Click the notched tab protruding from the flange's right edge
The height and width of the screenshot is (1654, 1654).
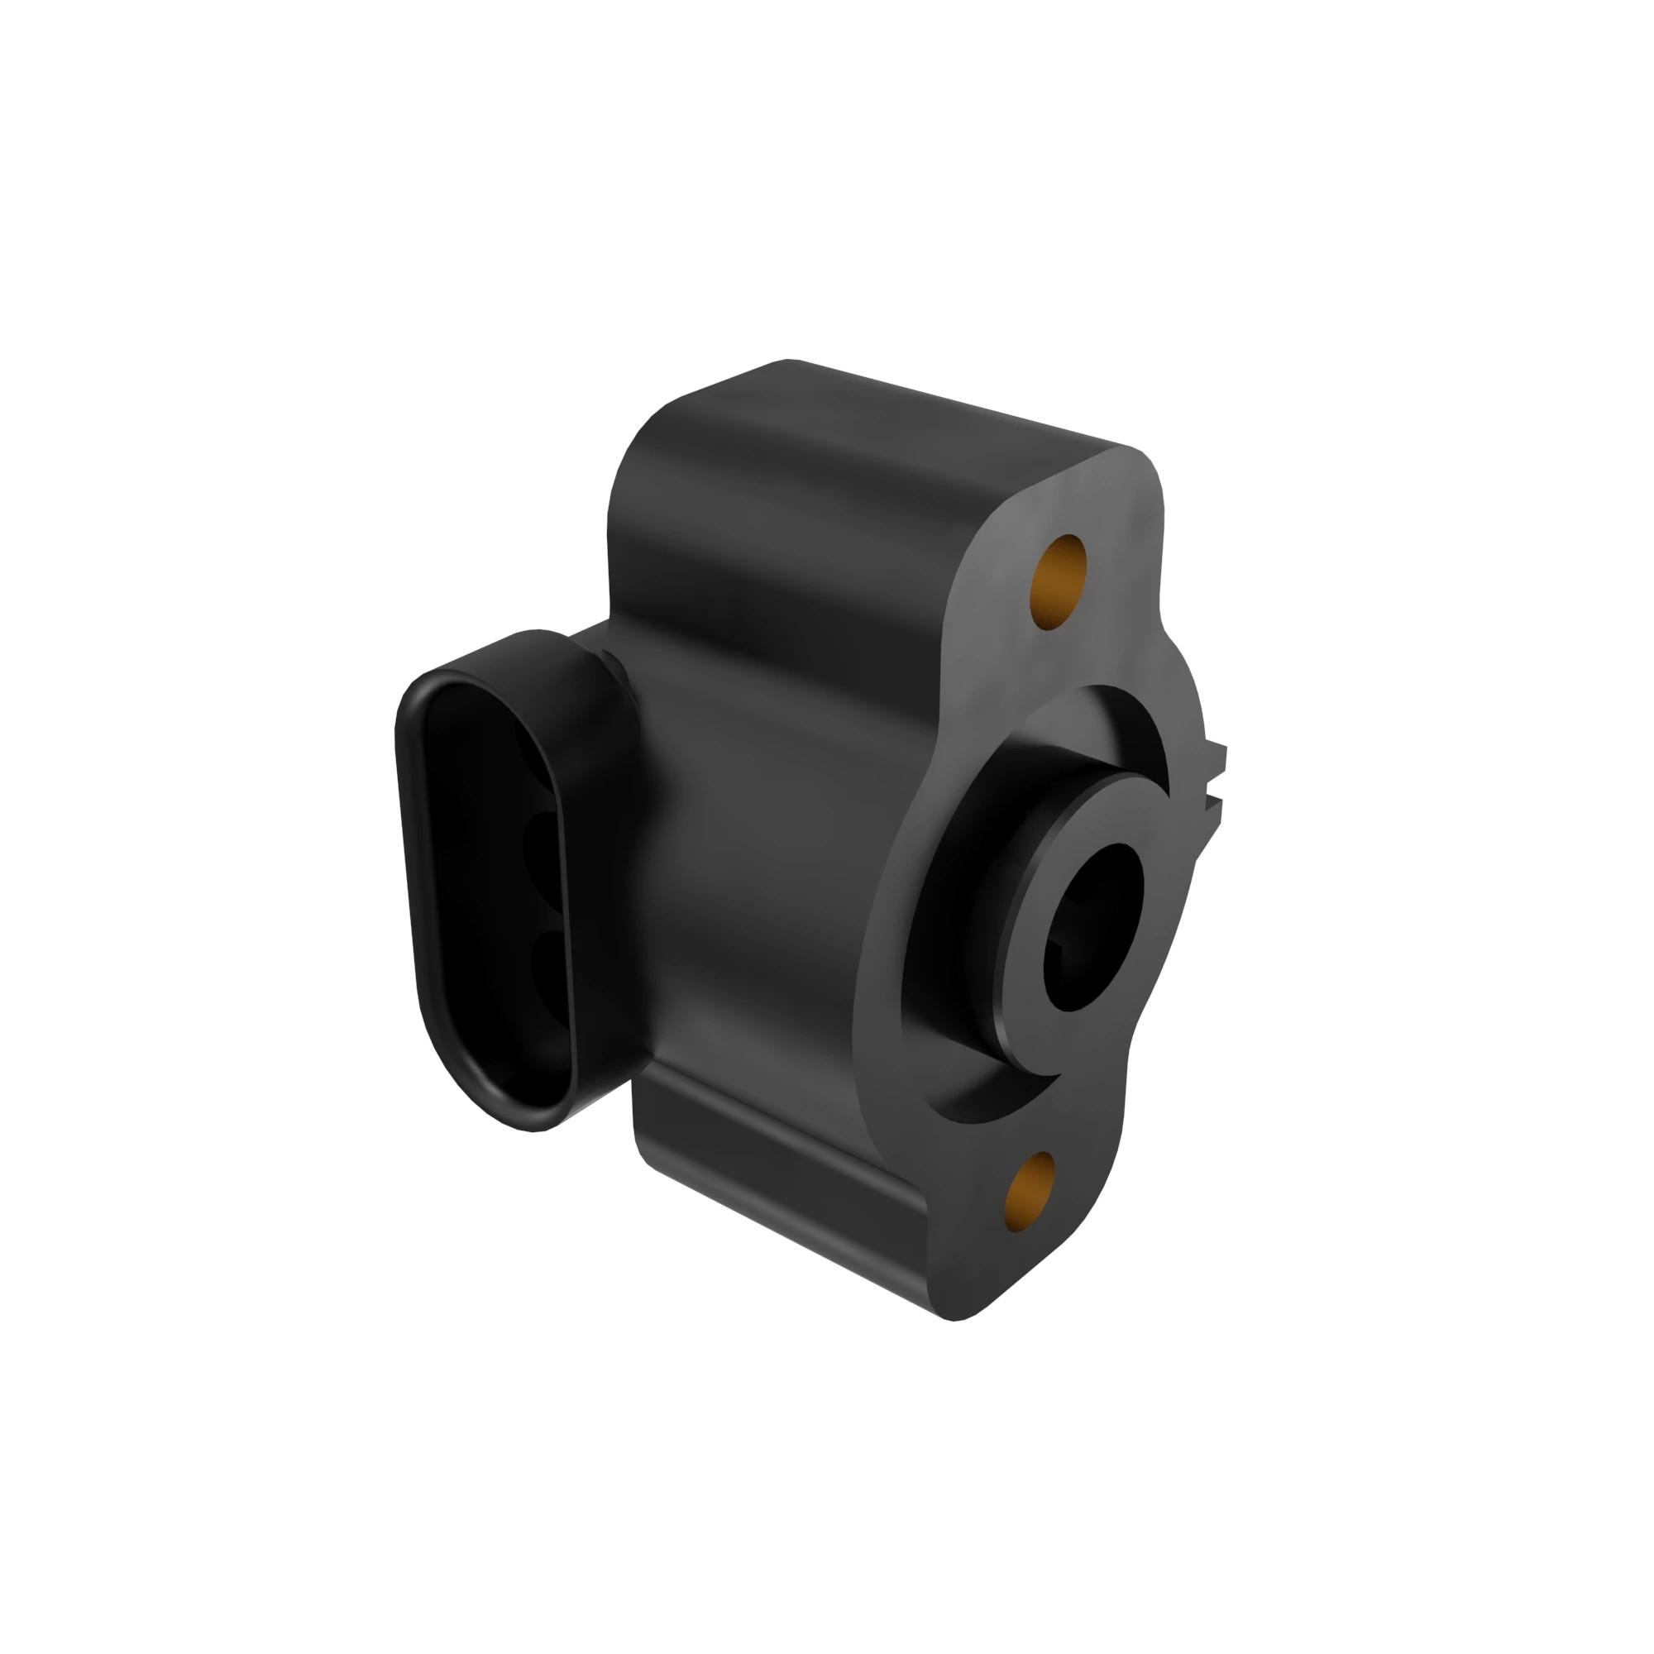[x=1215, y=775]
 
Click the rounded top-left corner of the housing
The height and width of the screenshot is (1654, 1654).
[x=651, y=437]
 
